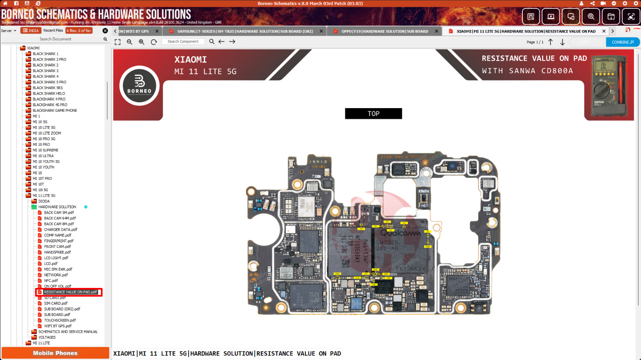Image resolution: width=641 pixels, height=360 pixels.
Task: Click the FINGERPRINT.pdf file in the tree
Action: [58, 241]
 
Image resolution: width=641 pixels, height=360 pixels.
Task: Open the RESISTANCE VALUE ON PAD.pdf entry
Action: [70, 292]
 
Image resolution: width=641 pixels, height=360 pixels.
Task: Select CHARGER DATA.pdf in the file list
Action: [60, 229]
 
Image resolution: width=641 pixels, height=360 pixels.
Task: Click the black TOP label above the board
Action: [373, 114]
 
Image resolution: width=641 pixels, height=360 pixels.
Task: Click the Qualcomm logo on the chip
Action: [400, 233]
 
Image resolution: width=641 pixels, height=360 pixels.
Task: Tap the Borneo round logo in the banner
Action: [139, 86]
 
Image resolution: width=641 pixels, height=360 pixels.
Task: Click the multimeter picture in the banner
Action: [609, 86]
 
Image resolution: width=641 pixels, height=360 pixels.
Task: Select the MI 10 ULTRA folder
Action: [43, 156]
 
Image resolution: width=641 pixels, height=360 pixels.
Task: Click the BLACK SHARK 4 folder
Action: [45, 76]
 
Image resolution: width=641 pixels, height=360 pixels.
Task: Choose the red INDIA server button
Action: [31, 30]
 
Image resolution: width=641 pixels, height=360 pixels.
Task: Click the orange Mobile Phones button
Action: [55, 353]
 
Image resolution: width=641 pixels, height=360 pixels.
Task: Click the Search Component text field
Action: [183, 42]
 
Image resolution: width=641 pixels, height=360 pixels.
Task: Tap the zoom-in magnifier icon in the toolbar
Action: [141, 42]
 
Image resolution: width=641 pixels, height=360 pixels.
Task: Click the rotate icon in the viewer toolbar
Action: [154, 42]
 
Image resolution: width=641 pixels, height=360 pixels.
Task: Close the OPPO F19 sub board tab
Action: [437, 31]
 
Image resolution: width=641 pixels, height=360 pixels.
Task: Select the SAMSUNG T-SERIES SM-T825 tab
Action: [245, 31]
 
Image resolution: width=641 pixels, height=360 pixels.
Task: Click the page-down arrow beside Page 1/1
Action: [562, 42]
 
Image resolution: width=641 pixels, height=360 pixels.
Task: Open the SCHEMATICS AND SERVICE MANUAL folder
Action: [68, 332]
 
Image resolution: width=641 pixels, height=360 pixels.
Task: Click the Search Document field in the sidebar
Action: [55, 39]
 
